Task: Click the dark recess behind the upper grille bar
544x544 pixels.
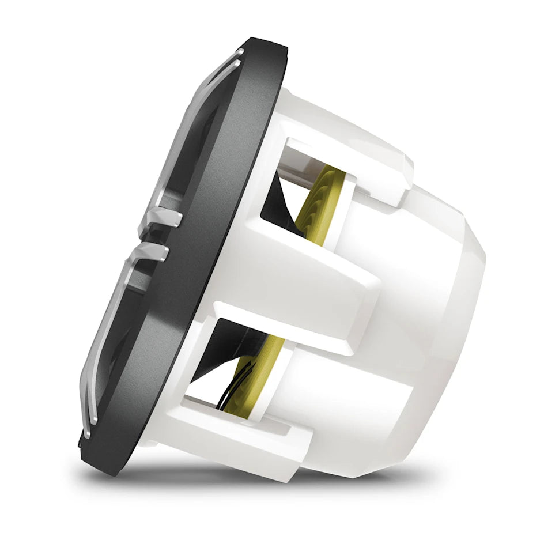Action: point(196,144)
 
